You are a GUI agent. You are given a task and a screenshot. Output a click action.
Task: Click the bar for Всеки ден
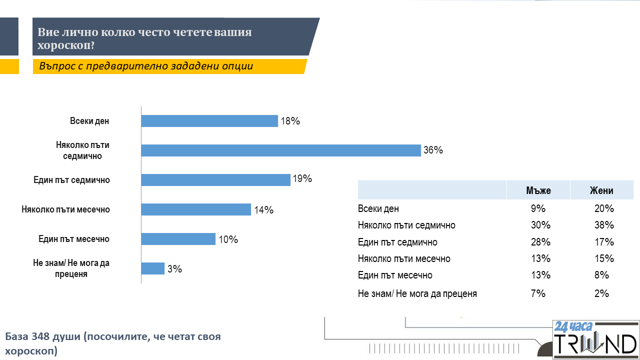[209, 121]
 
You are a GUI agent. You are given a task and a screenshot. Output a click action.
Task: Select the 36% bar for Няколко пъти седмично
[281, 150]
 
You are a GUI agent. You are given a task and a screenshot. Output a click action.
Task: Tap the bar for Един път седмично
[216, 180]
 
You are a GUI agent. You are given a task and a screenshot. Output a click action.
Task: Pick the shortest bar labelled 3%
[153, 268]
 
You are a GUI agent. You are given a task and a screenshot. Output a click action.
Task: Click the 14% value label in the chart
[263, 210]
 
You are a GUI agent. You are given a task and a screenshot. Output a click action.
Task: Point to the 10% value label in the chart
[228, 239]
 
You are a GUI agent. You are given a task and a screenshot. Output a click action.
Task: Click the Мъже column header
[538, 190]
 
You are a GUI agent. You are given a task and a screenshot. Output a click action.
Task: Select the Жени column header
[601, 190]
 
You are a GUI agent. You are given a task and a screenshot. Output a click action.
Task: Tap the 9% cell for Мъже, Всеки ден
[538, 209]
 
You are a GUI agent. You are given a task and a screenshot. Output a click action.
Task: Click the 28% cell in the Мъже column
[540, 242]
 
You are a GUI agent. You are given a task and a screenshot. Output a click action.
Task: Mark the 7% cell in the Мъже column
[538, 294]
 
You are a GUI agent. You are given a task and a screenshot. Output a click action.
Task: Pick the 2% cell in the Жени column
[601, 294]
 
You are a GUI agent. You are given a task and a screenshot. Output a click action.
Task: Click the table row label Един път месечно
[395, 275]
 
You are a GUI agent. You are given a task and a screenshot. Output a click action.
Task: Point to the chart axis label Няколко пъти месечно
[65, 209]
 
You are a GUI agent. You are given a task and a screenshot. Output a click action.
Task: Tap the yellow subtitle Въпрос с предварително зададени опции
[146, 66]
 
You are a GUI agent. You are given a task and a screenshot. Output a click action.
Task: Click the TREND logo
[595, 345]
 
